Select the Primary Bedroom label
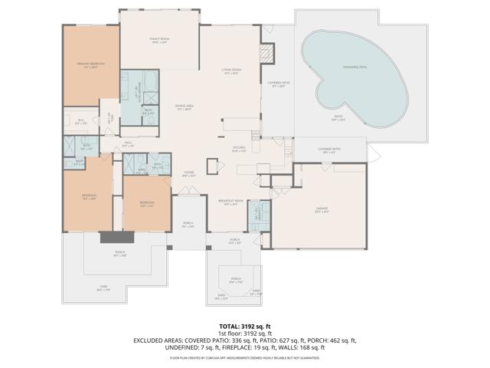pos(90,64)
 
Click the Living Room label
pos(231,71)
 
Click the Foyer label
pos(188,174)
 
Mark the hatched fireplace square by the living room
pos(266,54)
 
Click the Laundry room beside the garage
pos(258,217)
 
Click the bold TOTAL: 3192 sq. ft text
pos(245,327)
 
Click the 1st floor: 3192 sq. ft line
pos(245,333)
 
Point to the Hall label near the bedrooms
pos(129,143)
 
